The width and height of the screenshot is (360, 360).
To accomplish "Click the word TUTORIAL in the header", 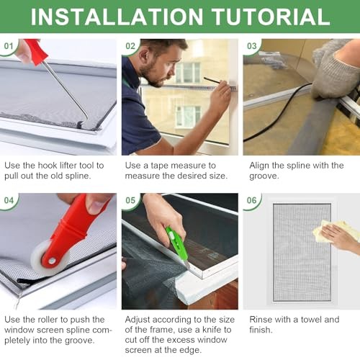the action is click(x=270, y=17).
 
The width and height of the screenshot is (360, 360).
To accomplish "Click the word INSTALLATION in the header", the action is click(x=117, y=17).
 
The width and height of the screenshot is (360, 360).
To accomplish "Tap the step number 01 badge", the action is click(x=9, y=46).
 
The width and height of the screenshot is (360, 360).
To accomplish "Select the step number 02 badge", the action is click(x=130, y=46).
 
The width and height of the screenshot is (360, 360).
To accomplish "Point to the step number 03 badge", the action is click(x=252, y=46).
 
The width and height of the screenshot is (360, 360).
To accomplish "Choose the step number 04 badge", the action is click(x=9, y=200).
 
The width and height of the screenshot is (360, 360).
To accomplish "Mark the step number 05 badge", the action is click(x=130, y=200).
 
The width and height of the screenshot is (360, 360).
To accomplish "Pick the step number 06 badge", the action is click(x=252, y=200).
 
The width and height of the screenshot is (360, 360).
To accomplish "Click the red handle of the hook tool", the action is click(x=36, y=52).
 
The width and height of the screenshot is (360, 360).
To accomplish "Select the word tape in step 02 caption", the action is click(x=159, y=166).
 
